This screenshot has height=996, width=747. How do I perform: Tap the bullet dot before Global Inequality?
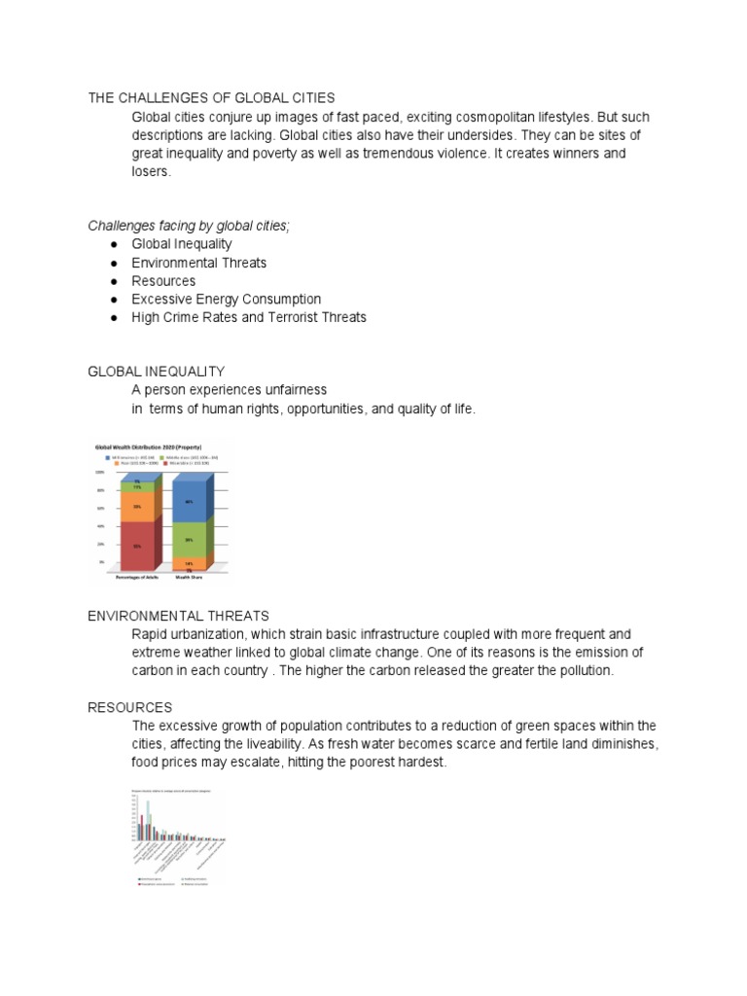pos(114,245)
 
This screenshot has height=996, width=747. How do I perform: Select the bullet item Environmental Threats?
pos(198,263)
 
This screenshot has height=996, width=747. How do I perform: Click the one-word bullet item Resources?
pos(163,281)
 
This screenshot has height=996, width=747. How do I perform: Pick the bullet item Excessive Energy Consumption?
pos(226,300)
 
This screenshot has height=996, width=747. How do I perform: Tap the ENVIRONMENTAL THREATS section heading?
pos(178,616)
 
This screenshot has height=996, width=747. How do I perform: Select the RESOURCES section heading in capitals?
pos(130,707)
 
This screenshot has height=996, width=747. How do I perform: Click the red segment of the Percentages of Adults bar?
pos(138,546)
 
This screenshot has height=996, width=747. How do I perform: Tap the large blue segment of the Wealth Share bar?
pos(189,502)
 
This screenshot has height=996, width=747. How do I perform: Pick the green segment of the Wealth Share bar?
pos(189,540)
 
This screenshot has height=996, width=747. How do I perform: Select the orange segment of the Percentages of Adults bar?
pos(138,507)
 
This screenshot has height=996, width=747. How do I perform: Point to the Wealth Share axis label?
pos(189,577)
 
